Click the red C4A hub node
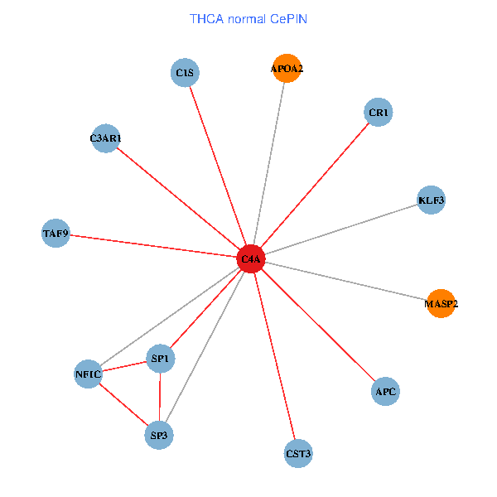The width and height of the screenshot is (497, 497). point(251,259)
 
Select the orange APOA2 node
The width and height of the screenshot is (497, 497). point(286,69)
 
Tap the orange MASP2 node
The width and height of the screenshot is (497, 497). point(441,304)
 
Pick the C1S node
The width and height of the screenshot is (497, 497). point(185,73)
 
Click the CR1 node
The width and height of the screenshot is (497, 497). point(379,112)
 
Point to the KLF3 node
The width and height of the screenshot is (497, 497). point(432,200)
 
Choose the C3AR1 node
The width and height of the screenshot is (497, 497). point(106,138)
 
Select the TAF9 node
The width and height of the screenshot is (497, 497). point(55,234)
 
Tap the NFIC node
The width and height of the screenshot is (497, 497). point(88,374)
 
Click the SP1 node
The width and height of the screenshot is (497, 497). point(160,359)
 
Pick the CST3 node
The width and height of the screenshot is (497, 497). point(298,453)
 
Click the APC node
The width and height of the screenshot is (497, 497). point(385,391)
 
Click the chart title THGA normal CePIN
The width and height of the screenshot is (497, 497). point(248,18)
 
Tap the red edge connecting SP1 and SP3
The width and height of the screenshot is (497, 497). point(159,397)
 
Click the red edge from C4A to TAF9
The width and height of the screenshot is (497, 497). point(153,247)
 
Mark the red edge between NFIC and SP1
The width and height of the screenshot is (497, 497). point(124,366)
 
